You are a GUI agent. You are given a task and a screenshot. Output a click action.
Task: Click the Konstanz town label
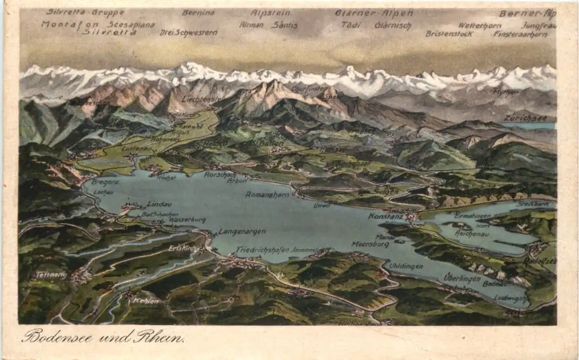click(x=385, y=216)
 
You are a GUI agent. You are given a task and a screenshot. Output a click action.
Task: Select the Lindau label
click(x=159, y=204)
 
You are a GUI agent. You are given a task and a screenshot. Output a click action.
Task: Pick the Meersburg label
click(x=370, y=244)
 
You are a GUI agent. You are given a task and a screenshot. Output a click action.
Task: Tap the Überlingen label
click(x=462, y=278)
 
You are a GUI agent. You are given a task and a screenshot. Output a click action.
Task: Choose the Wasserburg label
click(x=187, y=220)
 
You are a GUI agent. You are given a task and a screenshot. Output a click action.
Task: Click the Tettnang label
click(x=52, y=275)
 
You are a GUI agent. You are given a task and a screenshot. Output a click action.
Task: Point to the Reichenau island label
click(x=472, y=233)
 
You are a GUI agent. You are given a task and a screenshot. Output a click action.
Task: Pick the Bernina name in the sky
click(x=198, y=12)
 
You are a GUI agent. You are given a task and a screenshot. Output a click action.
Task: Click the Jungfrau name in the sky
click(x=539, y=25)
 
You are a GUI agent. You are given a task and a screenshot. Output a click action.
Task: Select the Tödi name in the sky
click(x=351, y=24)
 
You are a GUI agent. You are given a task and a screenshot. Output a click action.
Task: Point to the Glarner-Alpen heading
click(x=373, y=13)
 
